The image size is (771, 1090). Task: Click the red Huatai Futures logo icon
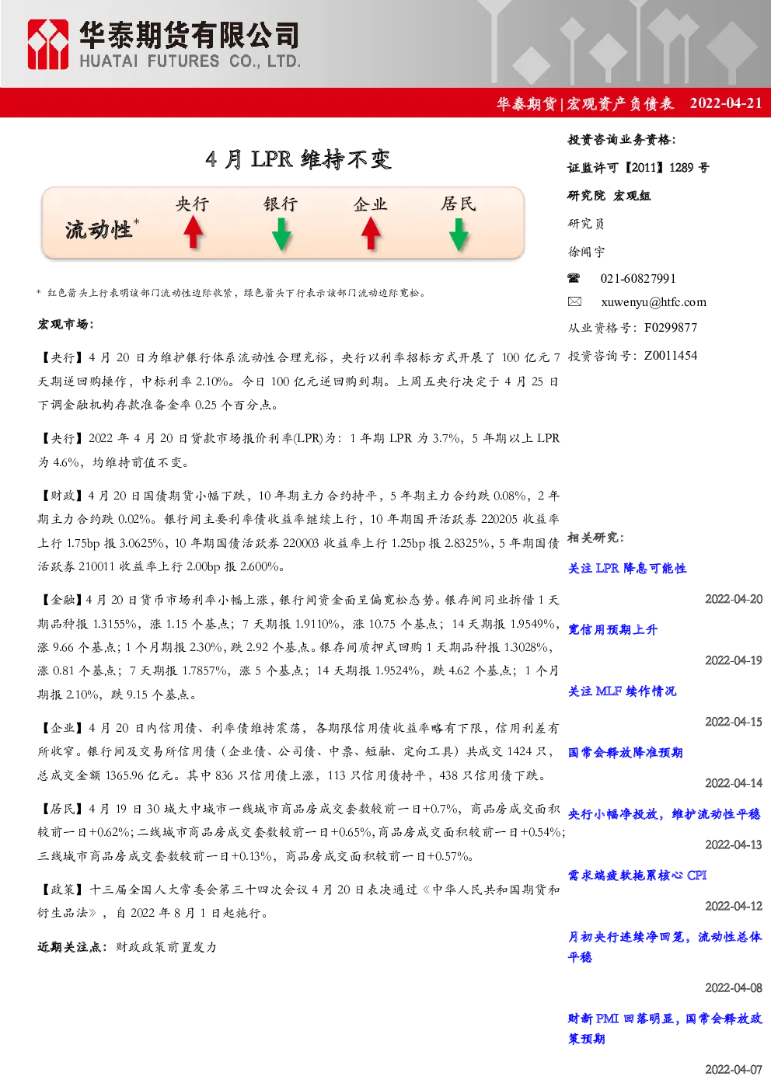coord(47,44)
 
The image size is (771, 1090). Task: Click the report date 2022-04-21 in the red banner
coord(725,103)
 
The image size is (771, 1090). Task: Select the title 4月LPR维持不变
coord(298,159)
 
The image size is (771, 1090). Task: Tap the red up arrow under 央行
coord(194,232)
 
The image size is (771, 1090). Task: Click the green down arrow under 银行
coord(281,235)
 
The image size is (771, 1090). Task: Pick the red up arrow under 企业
coord(371,232)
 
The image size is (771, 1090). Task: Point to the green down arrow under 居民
coord(459,235)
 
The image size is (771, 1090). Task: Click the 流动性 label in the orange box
coord(99,230)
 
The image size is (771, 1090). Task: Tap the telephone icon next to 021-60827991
coord(574,278)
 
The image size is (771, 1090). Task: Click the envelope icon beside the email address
coord(574,302)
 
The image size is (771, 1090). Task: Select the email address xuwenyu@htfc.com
coord(654,302)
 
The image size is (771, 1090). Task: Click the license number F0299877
coord(671,328)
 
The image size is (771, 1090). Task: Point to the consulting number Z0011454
coord(671,356)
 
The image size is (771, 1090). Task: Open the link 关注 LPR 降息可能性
coord(627,569)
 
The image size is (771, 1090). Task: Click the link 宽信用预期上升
coord(612,629)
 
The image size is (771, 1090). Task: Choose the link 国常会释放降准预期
coord(626,753)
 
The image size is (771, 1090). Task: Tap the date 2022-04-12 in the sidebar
coord(734,906)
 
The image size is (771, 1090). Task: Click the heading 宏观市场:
coord(66,324)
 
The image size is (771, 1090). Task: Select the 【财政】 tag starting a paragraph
coord(62,496)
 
